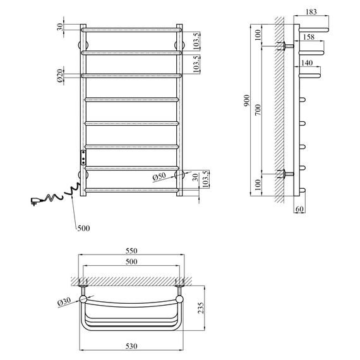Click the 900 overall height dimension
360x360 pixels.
point(246,100)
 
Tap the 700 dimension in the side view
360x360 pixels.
point(258,109)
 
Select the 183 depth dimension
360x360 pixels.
point(311,11)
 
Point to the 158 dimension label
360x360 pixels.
point(309,37)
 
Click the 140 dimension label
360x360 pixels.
point(307,63)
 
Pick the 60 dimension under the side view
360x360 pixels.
point(299,209)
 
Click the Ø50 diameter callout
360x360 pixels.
point(159,176)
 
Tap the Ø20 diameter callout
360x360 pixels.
point(60,76)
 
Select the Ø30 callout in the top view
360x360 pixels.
point(64,301)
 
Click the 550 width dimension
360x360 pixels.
point(131,251)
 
